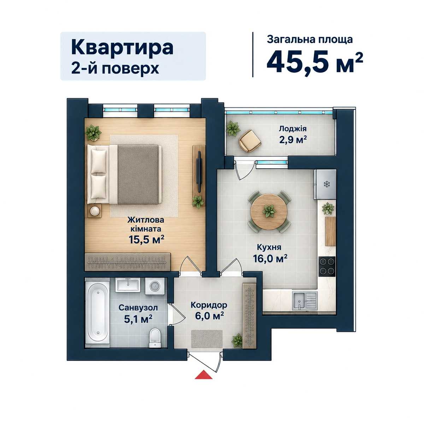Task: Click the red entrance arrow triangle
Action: pyautogui.click(x=204, y=375)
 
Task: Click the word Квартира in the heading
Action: pyautogui.click(x=122, y=48)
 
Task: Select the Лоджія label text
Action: pyautogui.click(x=293, y=129)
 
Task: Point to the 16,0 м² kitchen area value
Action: pyautogui.click(x=270, y=259)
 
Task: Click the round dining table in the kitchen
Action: pyautogui.click(x=269, y=211)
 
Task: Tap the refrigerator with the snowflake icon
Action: pyautogui.click(x=325, y=184)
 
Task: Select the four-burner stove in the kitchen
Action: pyautogui.click(x=327, y=266)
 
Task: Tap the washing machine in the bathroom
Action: pyautogui.click(x=155, y=286)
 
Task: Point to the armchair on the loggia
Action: pyautogui.click(x=250, y=141)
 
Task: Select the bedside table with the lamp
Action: pyautogui.click(x=95, y=211)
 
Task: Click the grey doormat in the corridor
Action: pyautogui.click(x=207, y=339)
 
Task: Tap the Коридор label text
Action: pyautogui.click(x=209, y=305)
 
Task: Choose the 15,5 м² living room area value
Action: pyautogui.click(x=147, y=240)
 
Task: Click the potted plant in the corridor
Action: pyautogui.click(x=237, y=340)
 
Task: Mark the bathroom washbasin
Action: pyautogui.click(x=128, y=285)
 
